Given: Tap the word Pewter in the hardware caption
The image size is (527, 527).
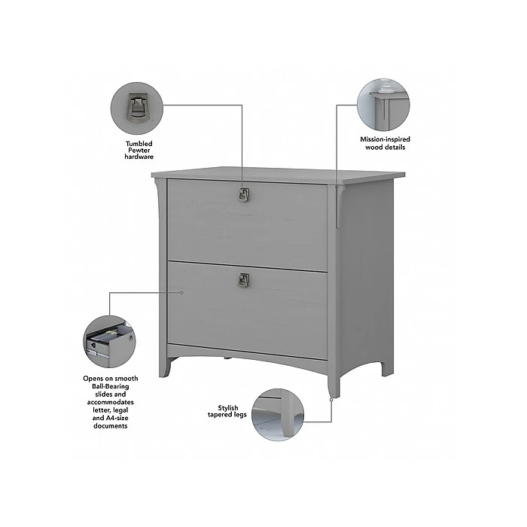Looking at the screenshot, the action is pos(139,151).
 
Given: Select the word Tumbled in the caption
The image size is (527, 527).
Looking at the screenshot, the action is pos(139,144).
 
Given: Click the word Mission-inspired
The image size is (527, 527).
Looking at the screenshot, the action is pos(385,139).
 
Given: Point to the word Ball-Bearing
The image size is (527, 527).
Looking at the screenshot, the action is pos(111,386).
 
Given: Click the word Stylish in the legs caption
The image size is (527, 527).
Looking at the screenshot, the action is pos(228,408).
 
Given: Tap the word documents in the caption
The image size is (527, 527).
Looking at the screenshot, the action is pos(111,426).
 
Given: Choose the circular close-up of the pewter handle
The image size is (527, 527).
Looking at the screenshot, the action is pos(137,108).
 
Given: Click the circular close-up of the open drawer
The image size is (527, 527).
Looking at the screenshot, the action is pos(110,342).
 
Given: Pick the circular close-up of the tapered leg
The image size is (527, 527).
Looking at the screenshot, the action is pos(278,415).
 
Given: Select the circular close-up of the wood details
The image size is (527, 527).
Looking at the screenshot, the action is pos(383,105).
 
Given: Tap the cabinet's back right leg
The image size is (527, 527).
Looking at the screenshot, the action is pos(386,368).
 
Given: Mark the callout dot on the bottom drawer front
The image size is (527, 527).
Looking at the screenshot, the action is pos(181,293).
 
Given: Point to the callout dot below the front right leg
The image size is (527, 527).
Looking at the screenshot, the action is pos(331,400).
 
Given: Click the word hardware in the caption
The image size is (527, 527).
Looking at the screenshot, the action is pos(139,157).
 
